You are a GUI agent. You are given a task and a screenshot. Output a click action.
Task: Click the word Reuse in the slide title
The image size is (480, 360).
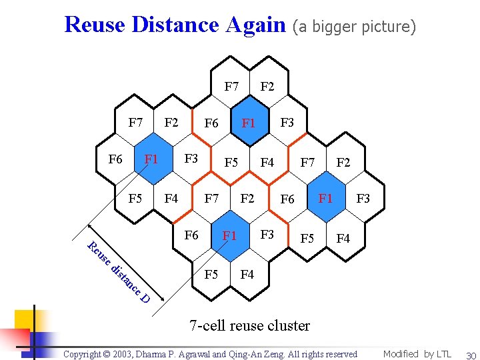pyautogui.click(x=94, y=25)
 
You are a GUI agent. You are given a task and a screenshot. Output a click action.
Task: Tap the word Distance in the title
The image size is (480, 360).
pyautogui.click(x=175, y=25)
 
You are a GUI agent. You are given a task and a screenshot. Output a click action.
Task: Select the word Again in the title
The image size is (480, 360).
pyautogui.click(x=256, y=25)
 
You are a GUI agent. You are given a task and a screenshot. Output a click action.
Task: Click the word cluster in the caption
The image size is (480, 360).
pyautogui.click(x=289, y=325)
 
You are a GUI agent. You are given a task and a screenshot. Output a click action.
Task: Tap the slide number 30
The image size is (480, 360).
pyautogui.click(x=470, y=355)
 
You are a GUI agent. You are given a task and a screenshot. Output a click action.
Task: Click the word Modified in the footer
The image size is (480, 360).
pyautogui.click(x=401, y=354)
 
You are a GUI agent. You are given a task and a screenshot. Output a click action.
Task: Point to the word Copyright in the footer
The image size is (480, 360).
pyautogui.click(x=85, y=355)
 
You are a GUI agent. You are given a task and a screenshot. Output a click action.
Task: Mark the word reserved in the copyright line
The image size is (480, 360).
pyautogui.click(x=338, y=355)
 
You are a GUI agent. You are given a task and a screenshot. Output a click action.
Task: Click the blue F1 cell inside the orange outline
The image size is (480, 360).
pyautogui.click(x=249, y=123)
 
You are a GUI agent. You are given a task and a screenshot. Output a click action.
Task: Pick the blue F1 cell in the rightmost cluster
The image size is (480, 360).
pyautogui.click(x=325, y=199)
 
